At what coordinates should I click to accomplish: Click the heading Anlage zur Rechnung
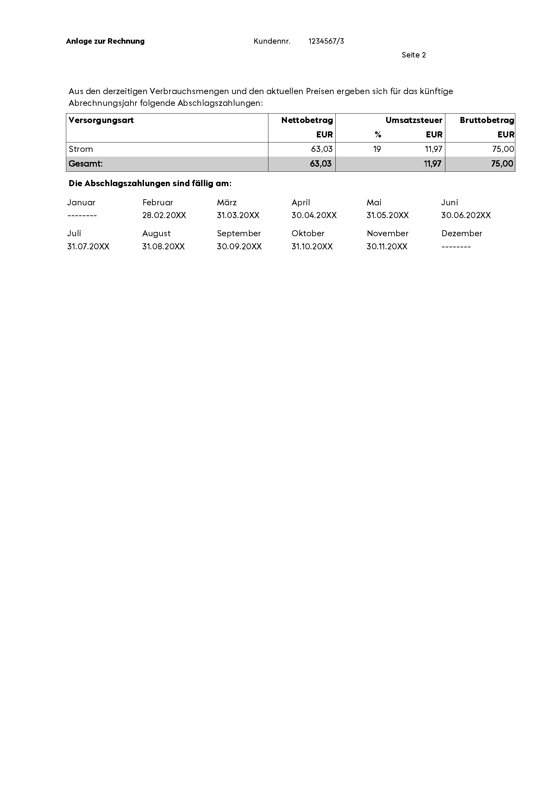(x=105, y=41)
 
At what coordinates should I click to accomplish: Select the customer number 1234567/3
(x=326, y=41)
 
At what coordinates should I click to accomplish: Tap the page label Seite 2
(x=413, y=55)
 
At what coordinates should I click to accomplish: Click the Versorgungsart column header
(x=101, y=120)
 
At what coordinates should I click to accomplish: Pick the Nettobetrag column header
(x=307, y=120)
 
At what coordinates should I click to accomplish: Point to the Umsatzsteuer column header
(x=413, y=120)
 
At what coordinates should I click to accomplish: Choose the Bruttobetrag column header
(x=487, y=120)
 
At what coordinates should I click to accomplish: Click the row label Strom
(x=81, y=149)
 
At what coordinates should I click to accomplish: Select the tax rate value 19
(x=377, y=149)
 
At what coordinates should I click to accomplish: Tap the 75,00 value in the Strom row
(x=503, y=149)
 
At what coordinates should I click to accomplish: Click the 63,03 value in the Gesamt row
(x=321, y=164)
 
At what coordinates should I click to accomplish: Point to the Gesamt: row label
(x=86, y=164)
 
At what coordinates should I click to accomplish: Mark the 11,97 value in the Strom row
(x=433, y=149)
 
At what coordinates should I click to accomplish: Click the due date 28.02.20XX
(x=164, y=215)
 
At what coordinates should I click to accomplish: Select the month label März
(x=227, y=203)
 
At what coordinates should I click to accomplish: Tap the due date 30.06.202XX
(x=466, y=215)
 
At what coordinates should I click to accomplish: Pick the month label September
(x=239, y=234)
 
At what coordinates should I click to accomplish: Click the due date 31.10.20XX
(x=312, y=246)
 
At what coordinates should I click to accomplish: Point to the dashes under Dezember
(x=456, y=246)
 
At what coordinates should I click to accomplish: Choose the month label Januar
(x=81, y=203)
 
